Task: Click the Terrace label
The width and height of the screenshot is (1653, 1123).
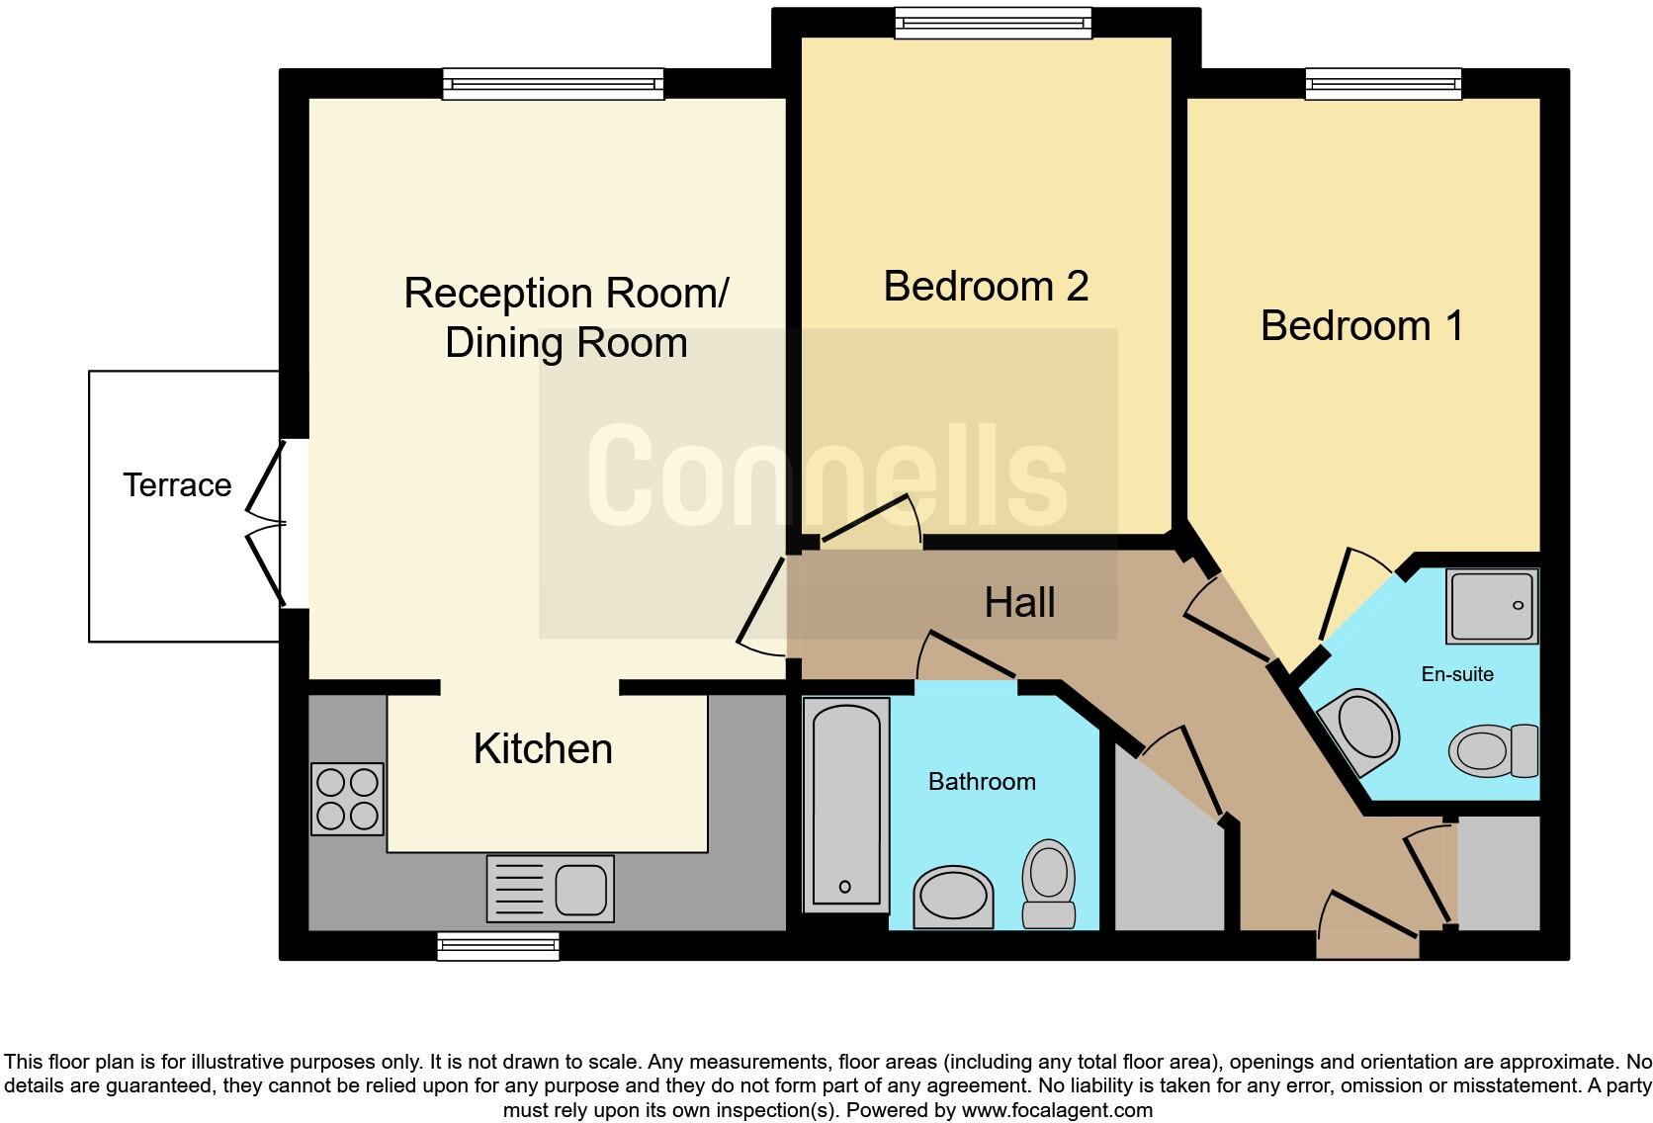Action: pyautogui.click(x=177, y=484)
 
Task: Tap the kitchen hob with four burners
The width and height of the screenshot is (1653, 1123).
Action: pyautogui.click(x=347, y=799)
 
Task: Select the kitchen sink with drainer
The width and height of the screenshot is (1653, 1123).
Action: pyautogui.click(x=550, y=888)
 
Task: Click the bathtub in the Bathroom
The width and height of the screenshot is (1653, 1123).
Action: pyautogui.click(x=845, y=804)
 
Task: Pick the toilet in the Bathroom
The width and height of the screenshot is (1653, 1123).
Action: pyautogui.click(x=1049, y=883)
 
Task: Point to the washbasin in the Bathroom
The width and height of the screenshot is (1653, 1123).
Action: pyautogui.click(x=953, y=898)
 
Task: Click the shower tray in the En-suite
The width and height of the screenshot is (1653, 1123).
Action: pyautogui.click(x=1492, y=605)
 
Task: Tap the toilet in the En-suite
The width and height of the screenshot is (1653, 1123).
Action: pyautogui.click(x=1493, y=750)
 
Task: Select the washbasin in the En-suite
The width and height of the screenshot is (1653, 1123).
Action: pyautogui.click(x=1358, y=733)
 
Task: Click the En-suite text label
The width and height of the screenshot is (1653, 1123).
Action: pyautogui.click(x=1456, y=674)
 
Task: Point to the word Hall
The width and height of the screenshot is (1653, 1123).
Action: pyautogui.click(x=1019, y=602)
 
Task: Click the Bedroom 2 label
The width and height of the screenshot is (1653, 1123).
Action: pyautogui.click(x=986, y=286)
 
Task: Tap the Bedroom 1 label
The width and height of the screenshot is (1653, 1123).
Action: pyautogui.click(x=1361, y=325)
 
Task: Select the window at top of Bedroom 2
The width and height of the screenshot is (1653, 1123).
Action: pyautogui.click(x=993, y=23)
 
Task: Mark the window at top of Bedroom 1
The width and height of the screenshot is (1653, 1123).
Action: pyautogui.click(x=1382, y=84)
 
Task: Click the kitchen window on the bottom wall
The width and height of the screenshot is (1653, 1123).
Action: pyautogui.click(x=498, y=947)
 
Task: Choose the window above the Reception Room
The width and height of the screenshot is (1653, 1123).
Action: pyautogui.click(x=553, y=84)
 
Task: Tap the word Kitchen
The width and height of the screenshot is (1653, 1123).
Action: pyautogui.click(x=543, y=748)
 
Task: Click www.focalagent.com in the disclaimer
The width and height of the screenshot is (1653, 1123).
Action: pyautogui.click(x=1056, y=1109)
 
